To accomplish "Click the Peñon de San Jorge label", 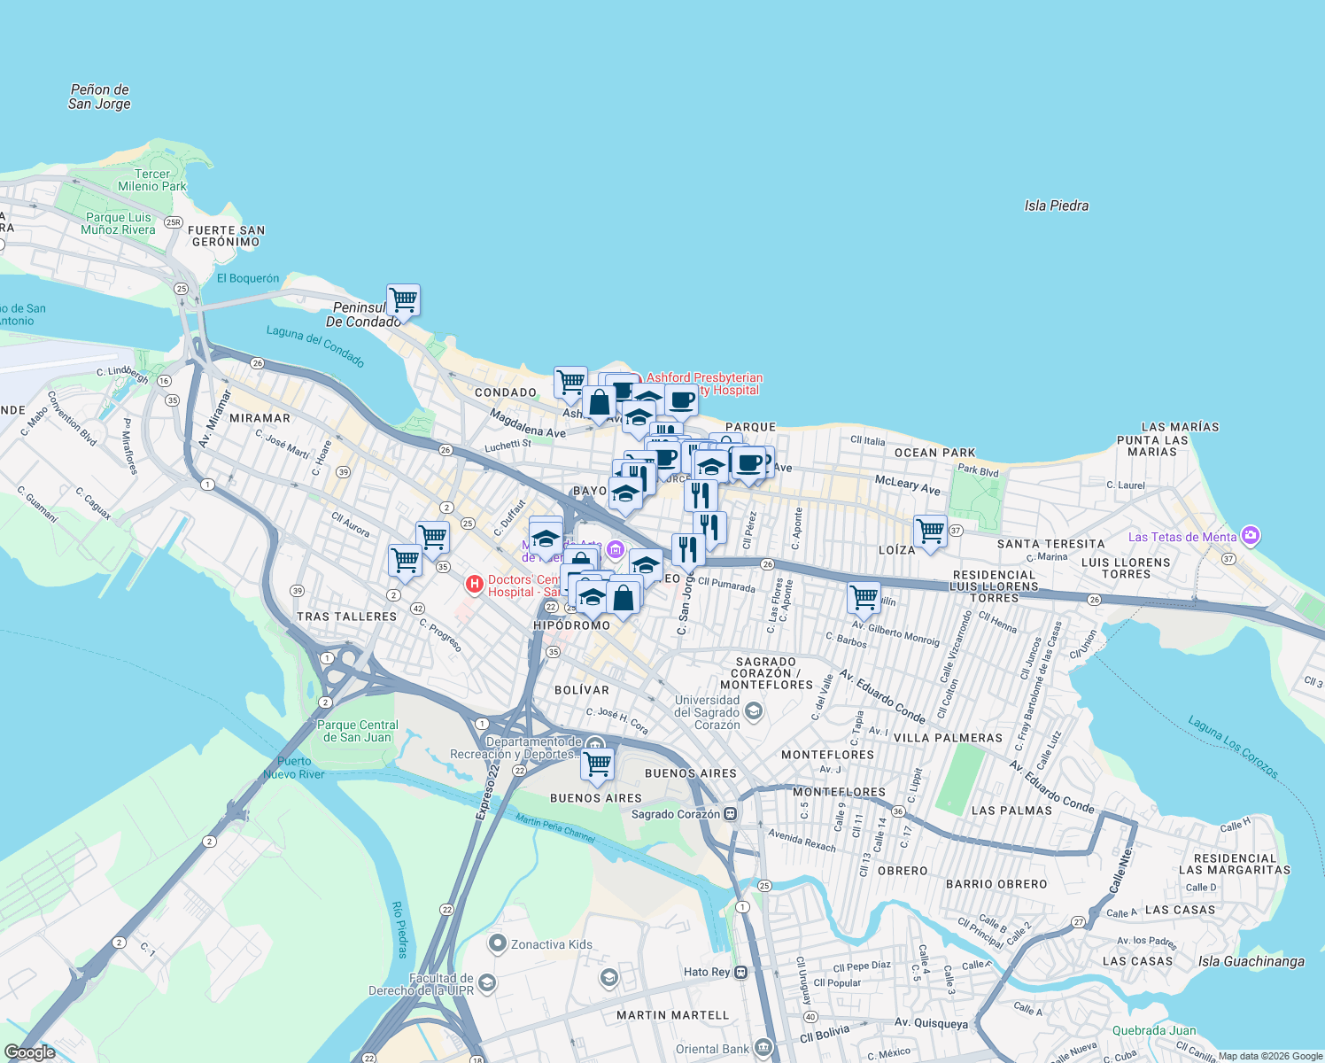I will coord(99,97).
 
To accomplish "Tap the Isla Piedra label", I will coord(1056,206).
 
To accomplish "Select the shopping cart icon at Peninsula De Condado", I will coord(403,299).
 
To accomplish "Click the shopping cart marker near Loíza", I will coord(930,531).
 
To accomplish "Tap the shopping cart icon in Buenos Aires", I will coord(598,763).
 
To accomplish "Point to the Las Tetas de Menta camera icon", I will coord(1251,535).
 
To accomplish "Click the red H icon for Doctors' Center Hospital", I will coord(475,584).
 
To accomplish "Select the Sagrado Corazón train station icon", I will coord(731,814).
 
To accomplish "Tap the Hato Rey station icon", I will coord(741,972).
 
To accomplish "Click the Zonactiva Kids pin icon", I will coord(498,944).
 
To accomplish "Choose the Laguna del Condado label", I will coord(315,345).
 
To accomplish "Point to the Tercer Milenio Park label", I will coord(152,180).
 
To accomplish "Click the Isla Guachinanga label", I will coord(1251,961).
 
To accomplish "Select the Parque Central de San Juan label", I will coord(358,731).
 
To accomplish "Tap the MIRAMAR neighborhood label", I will coord(260,418).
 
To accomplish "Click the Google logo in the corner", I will coord(30,1052).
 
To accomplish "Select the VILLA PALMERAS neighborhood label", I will coord(948,738).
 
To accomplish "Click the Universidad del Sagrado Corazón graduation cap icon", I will coord(753,710).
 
